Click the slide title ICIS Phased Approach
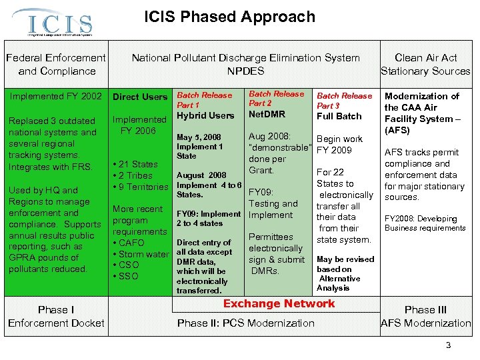pos(229,17)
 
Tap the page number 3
pos(449,345)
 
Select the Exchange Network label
pos(279,303)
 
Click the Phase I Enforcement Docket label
pos(56,316)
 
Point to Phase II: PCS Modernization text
pos(245,323)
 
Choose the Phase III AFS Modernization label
pos(425,316)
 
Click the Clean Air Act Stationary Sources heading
pos(425,65)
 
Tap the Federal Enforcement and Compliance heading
pos(57,65)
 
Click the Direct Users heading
pos(140,97)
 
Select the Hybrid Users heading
pos(205,115)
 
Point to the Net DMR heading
pos(267,114)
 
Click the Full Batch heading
pos(339,116)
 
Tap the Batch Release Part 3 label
pos(344,101)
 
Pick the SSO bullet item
pos(131,276)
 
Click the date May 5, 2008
pos(199,137)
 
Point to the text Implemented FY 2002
pos(56,96)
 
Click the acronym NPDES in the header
pos(245,71)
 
